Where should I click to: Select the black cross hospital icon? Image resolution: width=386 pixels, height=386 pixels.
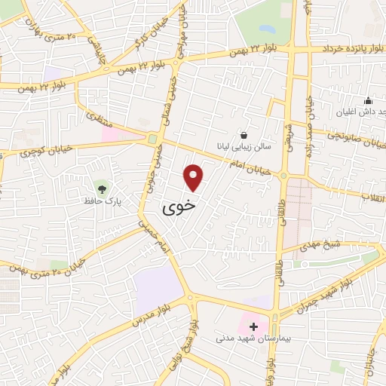pos(253,327)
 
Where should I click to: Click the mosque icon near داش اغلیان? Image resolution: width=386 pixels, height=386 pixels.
pos(368,101)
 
